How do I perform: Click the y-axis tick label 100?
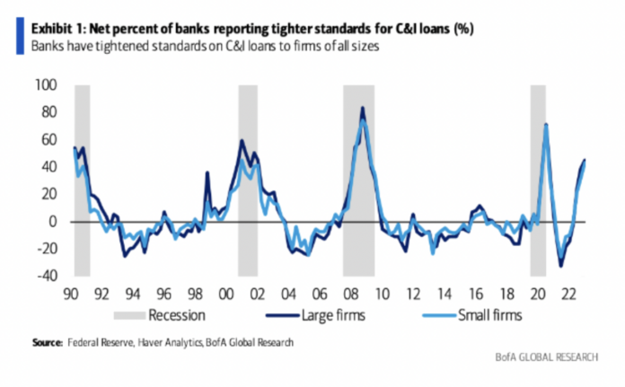coord(46,85)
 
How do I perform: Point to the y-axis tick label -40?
coord(45,276)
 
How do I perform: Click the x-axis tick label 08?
coord(353,293)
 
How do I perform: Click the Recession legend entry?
coord(174,315)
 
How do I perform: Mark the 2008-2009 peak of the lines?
coord(363,109)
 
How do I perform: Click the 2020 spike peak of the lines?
coord(546,124)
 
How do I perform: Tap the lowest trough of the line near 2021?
coord(561,265)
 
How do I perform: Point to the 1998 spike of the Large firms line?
coord(207,172)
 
